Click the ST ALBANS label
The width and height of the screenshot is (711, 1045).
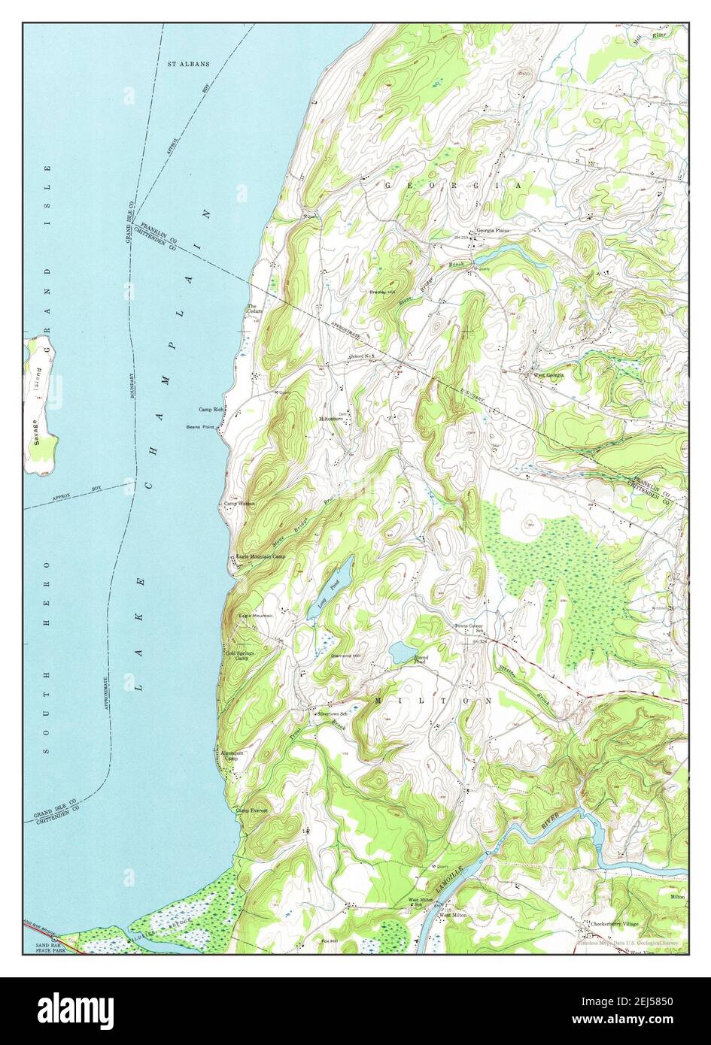(x=188, y=64)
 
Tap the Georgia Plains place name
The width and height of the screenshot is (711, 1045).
(x=493, y=231)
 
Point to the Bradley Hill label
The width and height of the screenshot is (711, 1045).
(x=382, y=292)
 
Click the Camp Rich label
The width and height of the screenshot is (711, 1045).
(x=211, y=410)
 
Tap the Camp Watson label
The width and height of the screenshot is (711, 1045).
(x=239, y=504)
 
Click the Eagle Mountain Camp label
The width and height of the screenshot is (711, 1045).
(x=260, y=556)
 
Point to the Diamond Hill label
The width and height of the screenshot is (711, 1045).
(x=347, y=656)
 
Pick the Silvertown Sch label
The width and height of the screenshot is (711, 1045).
(x=332, y=712)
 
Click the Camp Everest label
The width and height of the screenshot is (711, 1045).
(x=251, y=810)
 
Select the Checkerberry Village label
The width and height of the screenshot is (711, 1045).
(x=614, y=923)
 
